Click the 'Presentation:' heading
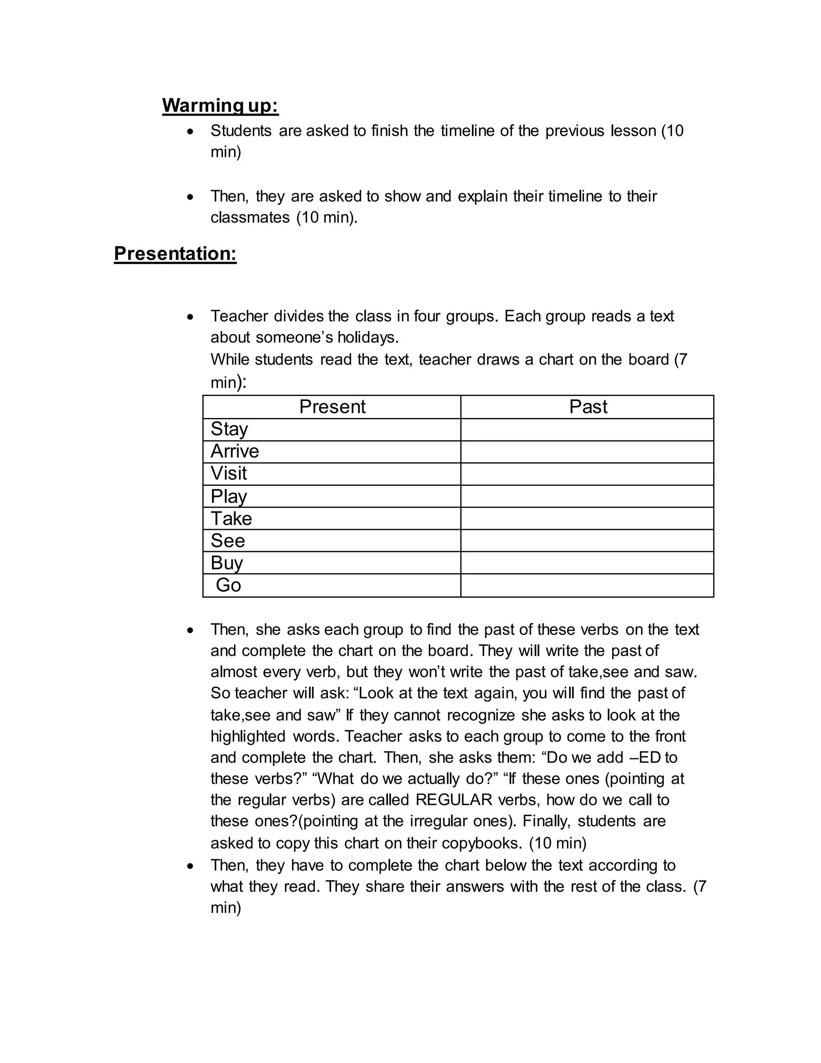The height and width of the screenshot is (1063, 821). click(175, 254)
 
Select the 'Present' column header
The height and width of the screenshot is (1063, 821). click(332, 406)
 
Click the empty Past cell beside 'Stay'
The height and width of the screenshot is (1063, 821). click(586, 430)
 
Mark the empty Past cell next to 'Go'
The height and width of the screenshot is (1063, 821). click(586, 585)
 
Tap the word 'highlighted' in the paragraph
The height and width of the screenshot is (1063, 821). click(248, 736)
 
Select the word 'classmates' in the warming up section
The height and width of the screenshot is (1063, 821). click(249, 217)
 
